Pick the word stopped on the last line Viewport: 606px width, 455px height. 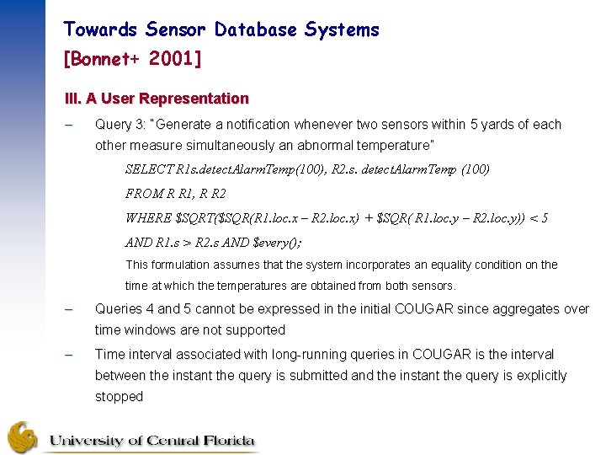[119, 397]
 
